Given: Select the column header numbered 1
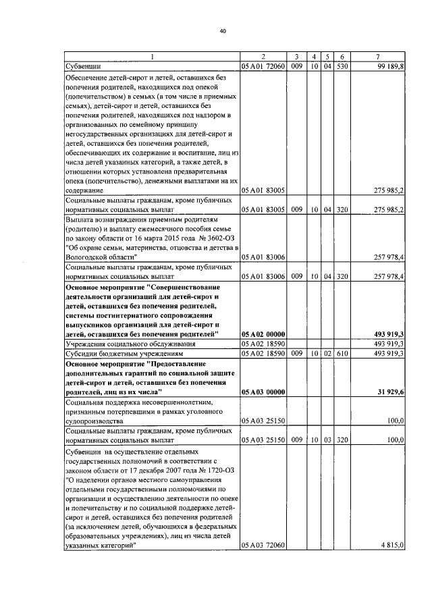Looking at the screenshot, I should click(x=152, y=56).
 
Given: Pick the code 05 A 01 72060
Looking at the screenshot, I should click(x=263, y=67).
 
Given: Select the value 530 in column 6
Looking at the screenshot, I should click(x=342, y=67).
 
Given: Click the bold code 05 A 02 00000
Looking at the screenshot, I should click(x=263, y=334).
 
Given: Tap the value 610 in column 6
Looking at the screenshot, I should click(x=342, y=352).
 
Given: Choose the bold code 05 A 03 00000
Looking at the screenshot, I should click(x=263, y=391).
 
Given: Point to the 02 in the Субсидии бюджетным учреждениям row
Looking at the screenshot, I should click(x=327, y=352).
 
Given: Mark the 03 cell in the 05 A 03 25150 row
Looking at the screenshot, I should click(x=327, y=439).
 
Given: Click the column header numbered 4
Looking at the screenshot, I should click(x=315, y=56).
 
